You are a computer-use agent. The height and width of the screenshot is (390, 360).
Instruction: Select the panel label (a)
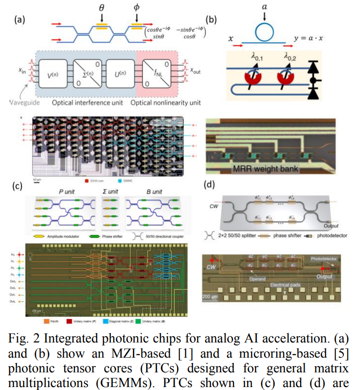[x=20, y=20]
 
